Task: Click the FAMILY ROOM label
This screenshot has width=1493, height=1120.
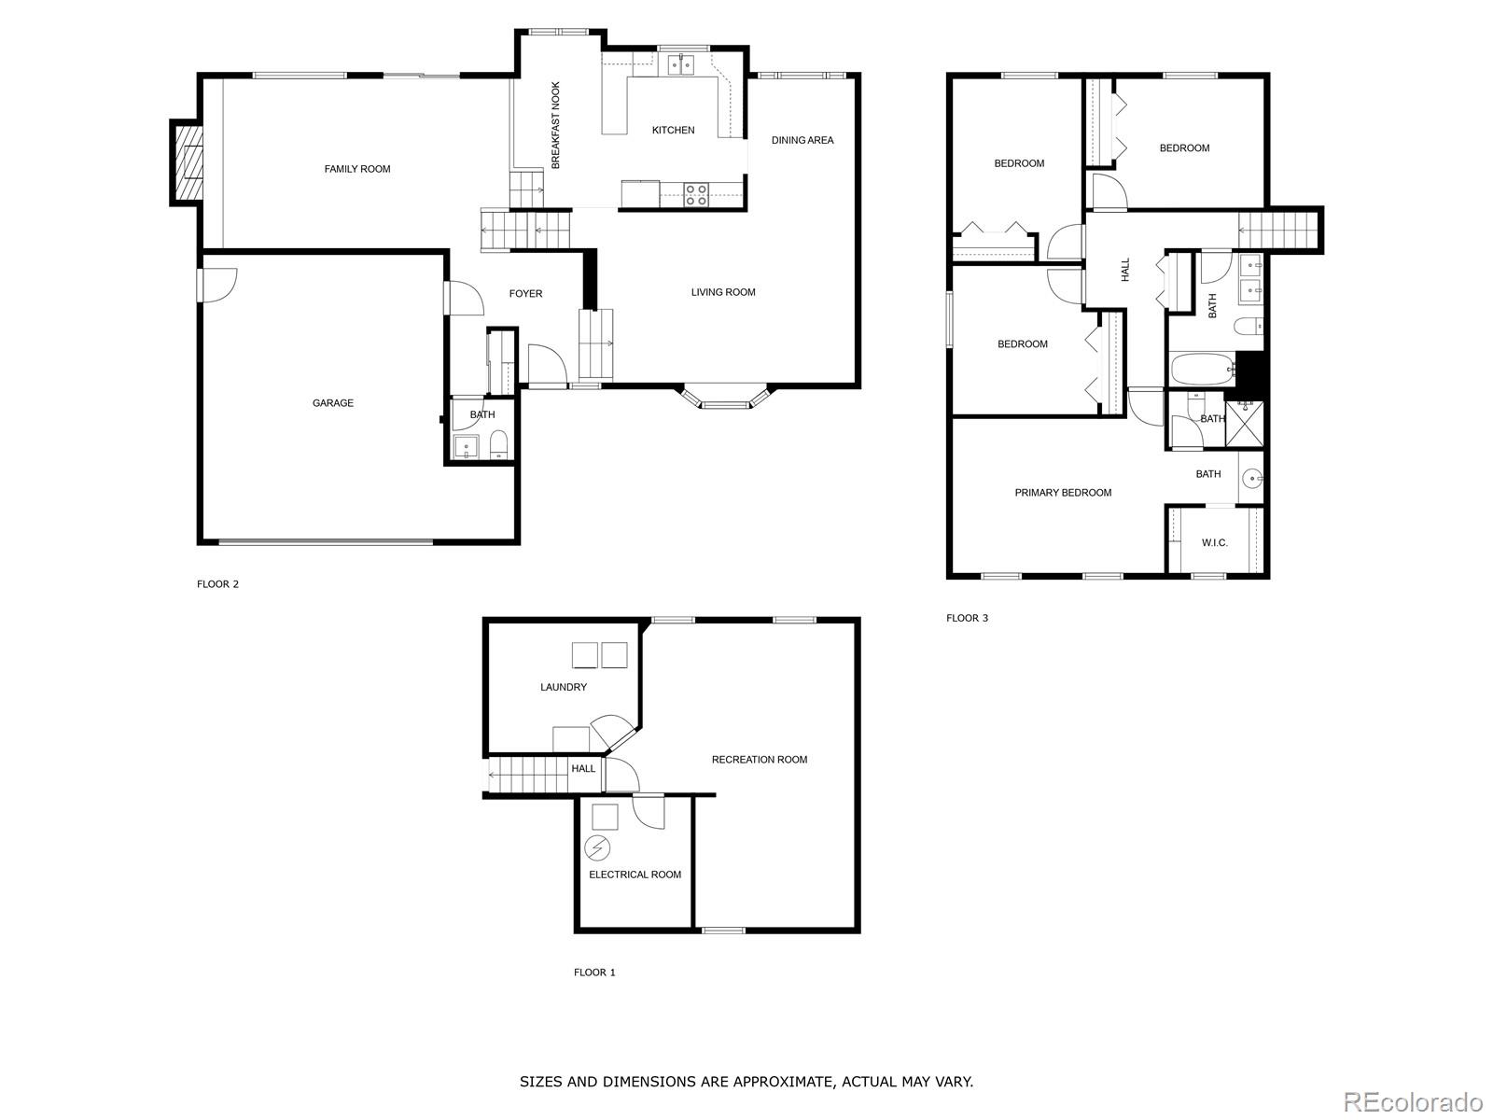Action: coord(357,169)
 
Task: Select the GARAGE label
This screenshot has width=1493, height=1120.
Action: coord(333,403)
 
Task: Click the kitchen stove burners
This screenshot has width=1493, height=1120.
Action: coord(695,194)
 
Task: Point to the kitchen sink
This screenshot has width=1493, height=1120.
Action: coord(680,63)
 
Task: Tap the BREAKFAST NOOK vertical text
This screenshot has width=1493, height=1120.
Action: coord(555,125)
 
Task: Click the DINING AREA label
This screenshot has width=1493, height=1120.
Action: coord(802,140)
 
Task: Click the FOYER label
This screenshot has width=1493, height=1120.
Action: coord(525,293)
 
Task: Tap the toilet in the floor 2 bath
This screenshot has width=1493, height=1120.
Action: coord(498,445)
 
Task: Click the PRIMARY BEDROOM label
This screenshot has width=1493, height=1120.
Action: coord(1063,493)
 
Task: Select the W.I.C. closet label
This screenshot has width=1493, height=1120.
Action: coord(1214,542)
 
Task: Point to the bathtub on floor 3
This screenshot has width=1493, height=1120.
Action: coord(1202,370)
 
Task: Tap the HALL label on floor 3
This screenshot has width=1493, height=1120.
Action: coord(1125,270)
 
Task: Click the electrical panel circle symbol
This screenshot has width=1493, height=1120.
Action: coord(596,848)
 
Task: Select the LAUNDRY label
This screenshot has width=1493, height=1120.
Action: coord(564,687)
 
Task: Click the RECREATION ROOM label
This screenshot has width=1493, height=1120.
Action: coord(759,760)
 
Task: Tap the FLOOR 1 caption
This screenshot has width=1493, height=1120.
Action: coord(594,973)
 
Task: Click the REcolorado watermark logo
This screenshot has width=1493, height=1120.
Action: coord(1413,1100)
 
